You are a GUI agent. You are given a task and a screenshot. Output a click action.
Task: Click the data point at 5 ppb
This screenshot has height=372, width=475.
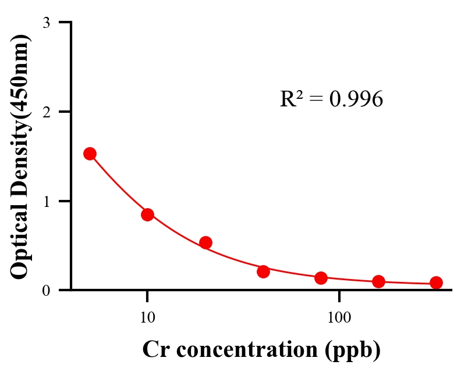(x=90, y=153)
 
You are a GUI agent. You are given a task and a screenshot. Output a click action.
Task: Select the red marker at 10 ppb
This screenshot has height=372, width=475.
(x=147, y=214)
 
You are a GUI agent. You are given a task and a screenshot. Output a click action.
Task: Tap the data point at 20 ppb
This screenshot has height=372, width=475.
(x=205, y=242)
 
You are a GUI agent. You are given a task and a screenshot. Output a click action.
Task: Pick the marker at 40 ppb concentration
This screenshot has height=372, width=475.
(x=263, y=271)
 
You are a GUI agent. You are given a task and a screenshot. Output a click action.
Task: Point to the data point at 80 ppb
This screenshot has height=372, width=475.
(x=321, y=278)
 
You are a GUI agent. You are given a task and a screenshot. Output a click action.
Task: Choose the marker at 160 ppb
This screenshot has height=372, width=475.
(x=378, y=281)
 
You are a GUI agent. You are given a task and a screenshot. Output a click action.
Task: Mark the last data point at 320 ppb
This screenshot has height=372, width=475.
(x=436, y=282)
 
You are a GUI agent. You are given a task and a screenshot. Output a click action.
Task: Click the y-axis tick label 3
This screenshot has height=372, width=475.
(x=46, y=23)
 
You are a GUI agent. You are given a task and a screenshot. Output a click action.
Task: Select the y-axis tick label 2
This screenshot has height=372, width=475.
(x=46, y=112)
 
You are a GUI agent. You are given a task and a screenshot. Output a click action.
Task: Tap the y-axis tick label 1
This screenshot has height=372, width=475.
(x=46, y=201)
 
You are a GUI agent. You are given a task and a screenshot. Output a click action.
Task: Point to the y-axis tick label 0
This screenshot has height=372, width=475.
(x=46, y=290)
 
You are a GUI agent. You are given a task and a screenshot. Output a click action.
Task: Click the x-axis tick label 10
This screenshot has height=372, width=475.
(x=147, y=318)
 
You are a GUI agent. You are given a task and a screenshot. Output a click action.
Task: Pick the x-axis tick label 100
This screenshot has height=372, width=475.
(x=339, y=318)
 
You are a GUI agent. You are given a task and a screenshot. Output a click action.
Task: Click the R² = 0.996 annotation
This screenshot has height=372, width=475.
(x=331, y=99)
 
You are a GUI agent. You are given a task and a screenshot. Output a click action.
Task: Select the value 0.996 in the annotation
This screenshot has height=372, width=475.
(x=356, y=99)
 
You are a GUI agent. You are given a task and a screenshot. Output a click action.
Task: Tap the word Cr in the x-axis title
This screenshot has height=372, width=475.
(x=154, y=350)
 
